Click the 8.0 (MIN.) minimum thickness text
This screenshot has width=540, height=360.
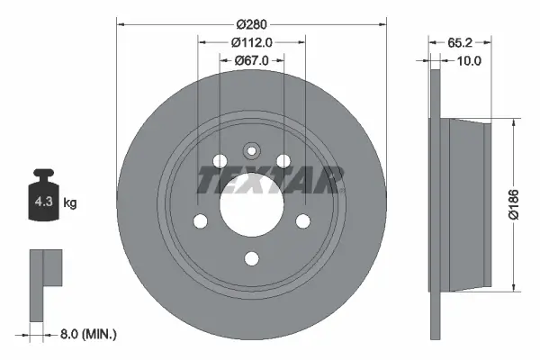tap(86, 334)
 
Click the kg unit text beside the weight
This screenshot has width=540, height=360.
tap(70, 203)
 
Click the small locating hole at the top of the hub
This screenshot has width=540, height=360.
tap(252, 149)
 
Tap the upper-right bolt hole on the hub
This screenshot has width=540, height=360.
tap(283, 160)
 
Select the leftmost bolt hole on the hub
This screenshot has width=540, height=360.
tap(202, 220)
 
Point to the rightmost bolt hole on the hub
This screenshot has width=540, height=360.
tap(302, 220)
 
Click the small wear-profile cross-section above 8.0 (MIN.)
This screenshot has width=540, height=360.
tap(41, 278)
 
